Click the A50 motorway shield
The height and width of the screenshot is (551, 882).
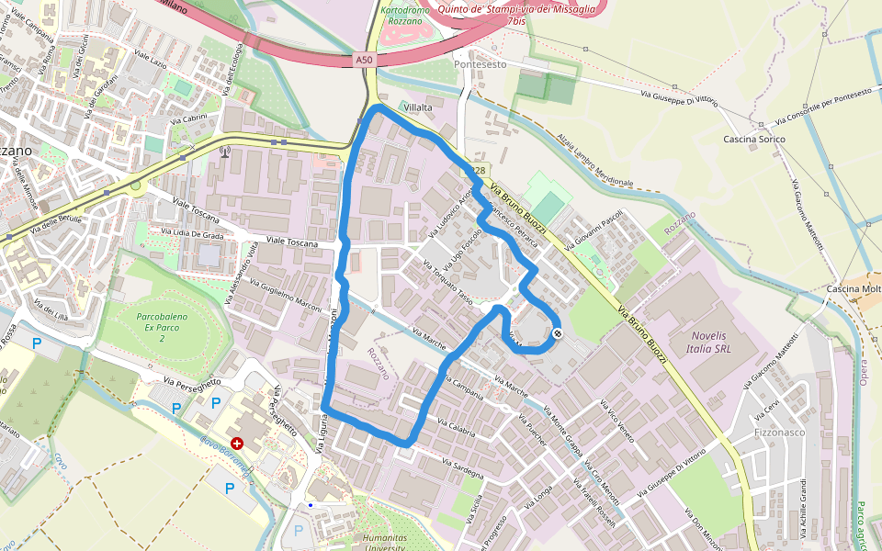tap(365, 60)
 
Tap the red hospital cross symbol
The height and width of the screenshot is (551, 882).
tap(238, 443)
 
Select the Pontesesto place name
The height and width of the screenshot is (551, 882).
tap(480, 65)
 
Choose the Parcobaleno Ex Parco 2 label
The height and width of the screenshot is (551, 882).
tap(163, 326)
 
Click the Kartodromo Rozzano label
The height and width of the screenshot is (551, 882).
tap(405, 16)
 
